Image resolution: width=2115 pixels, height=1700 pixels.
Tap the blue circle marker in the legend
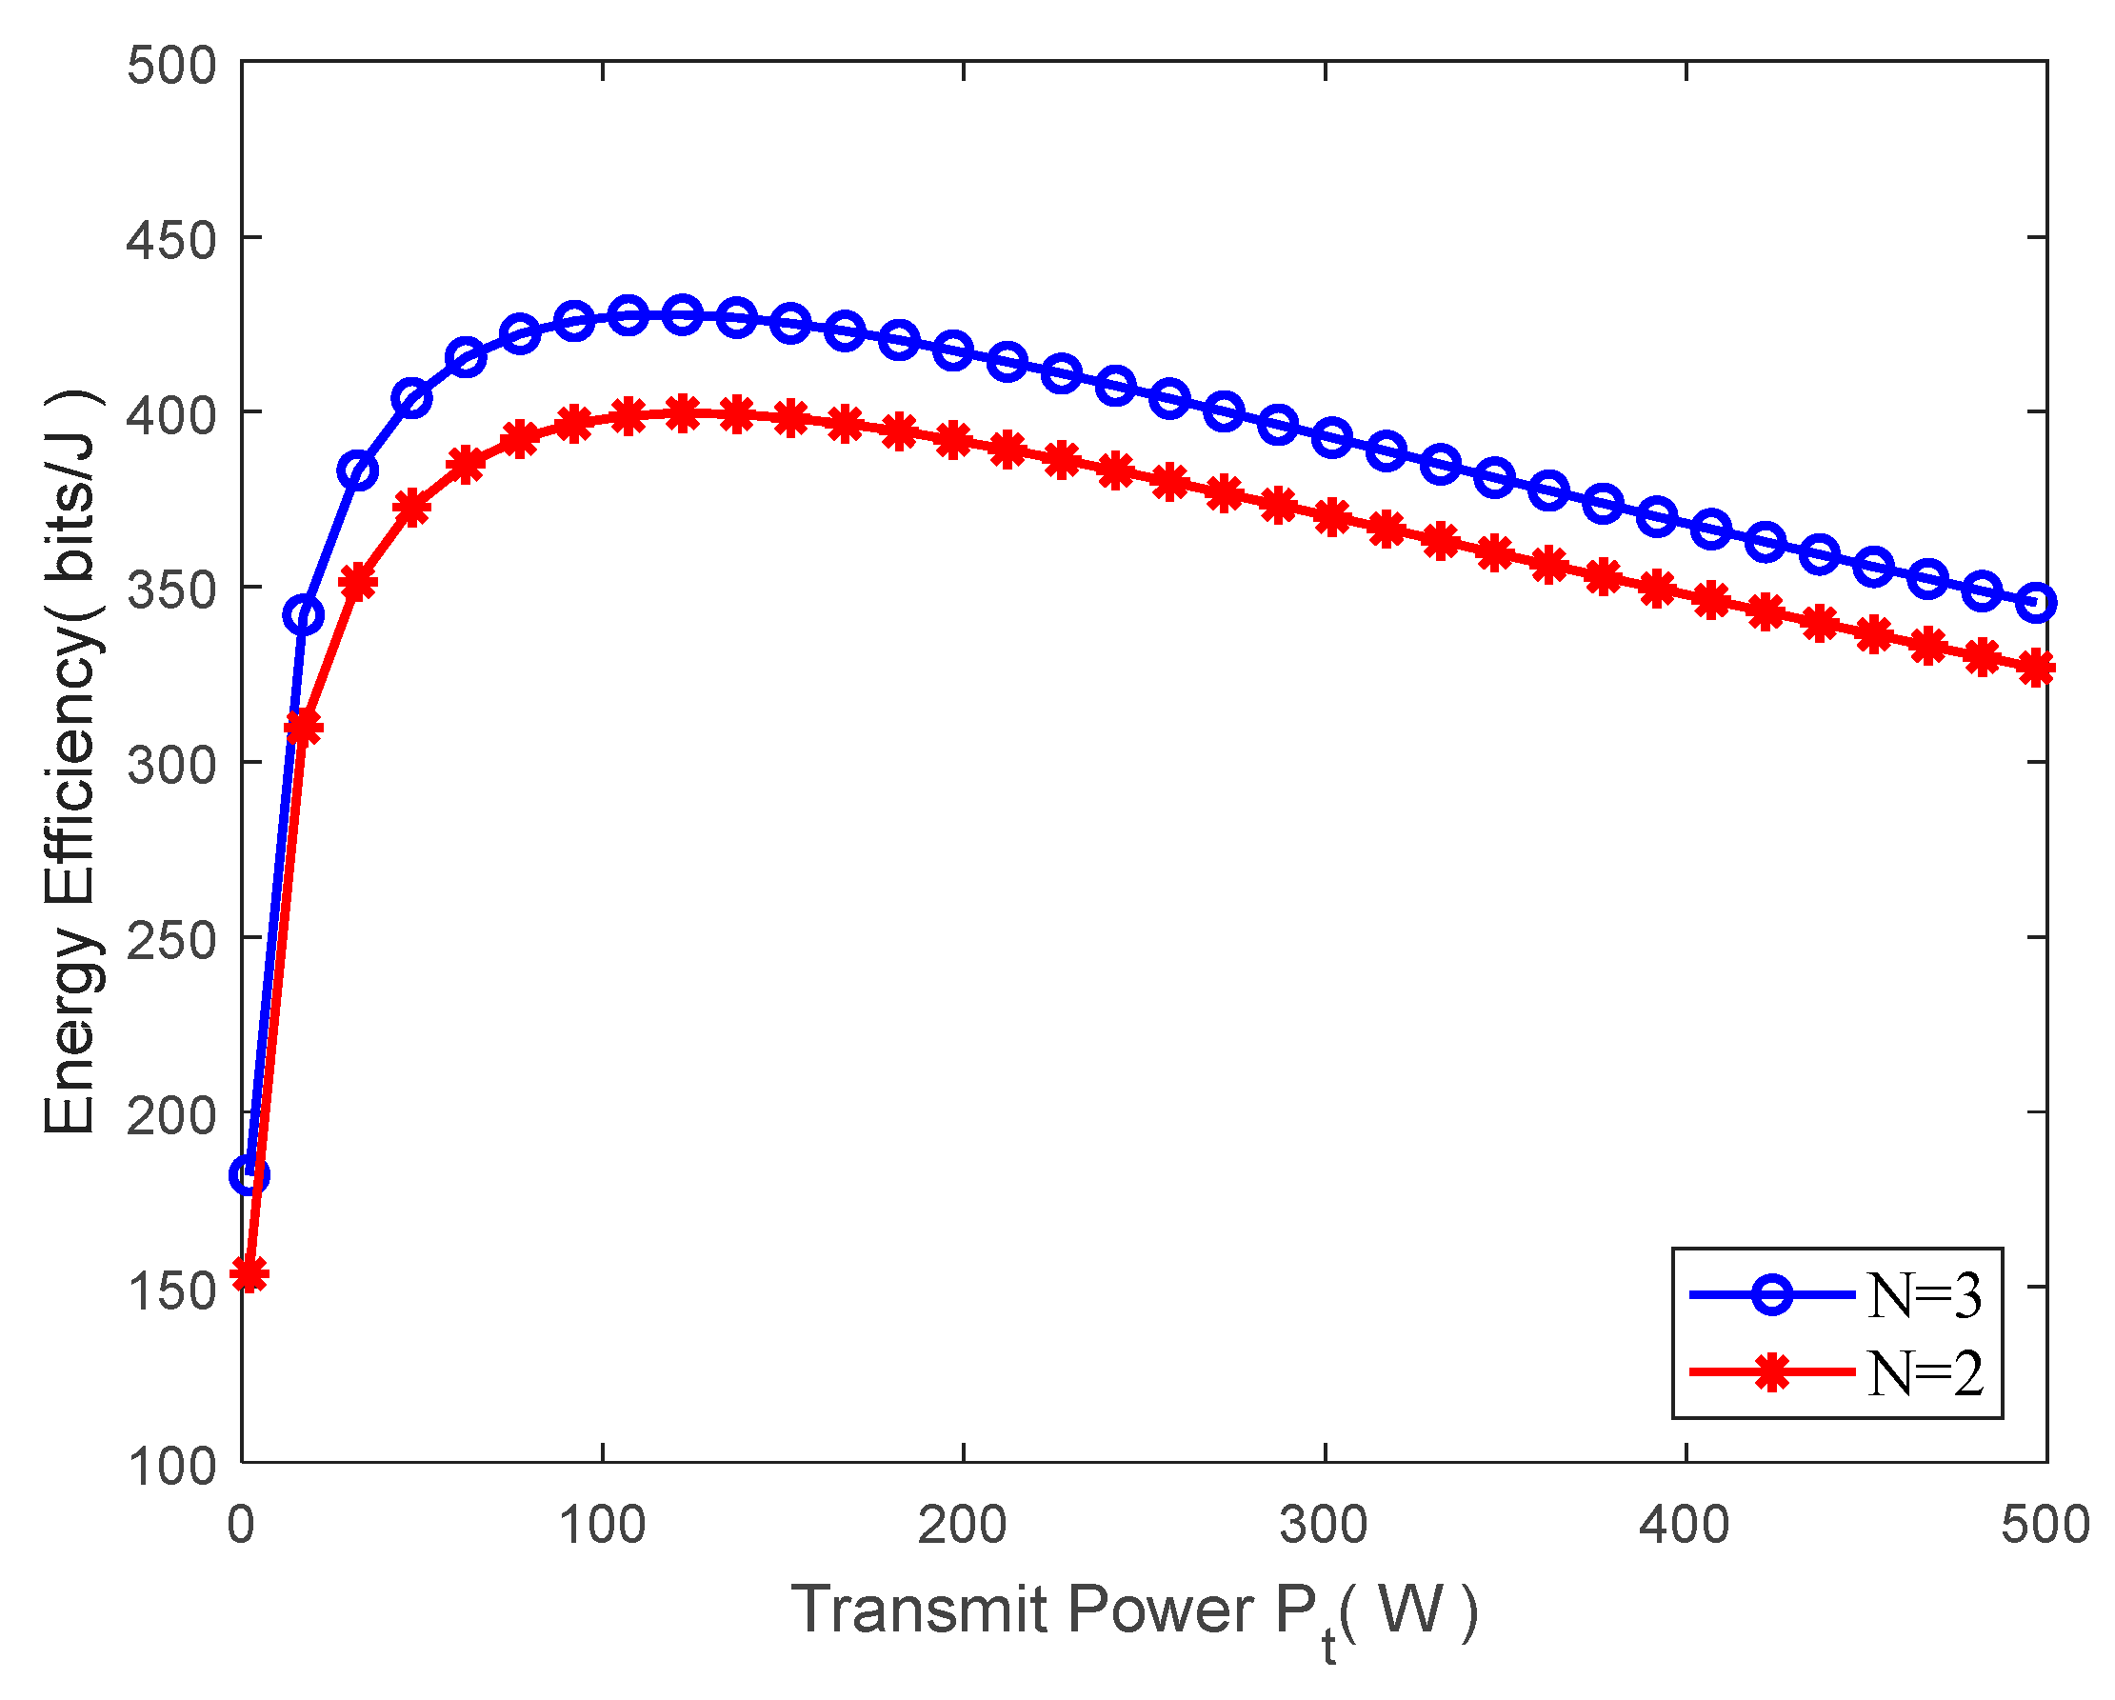[x=1771, y=1295]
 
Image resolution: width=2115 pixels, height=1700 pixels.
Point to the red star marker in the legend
[x=1771, y=1372]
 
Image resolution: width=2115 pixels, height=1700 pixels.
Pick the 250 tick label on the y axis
[x=171, y=941]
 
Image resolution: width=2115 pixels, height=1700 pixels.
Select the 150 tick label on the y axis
[x=171, y=1290]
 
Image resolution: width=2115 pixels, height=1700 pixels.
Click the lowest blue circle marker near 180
[x=249, y=1174]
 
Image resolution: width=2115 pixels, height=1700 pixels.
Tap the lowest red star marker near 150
[x=249, y=1275]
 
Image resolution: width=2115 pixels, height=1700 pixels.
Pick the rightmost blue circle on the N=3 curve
[x=2037, y=602]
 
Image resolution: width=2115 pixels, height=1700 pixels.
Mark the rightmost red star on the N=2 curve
[x=2037, y=669]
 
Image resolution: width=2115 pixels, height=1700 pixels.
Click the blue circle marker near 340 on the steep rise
[x=303, y=616]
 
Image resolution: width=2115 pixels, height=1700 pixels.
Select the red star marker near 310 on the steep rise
[x=303, y=728]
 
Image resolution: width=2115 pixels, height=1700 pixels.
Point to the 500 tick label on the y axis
[x=171, y=67]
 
